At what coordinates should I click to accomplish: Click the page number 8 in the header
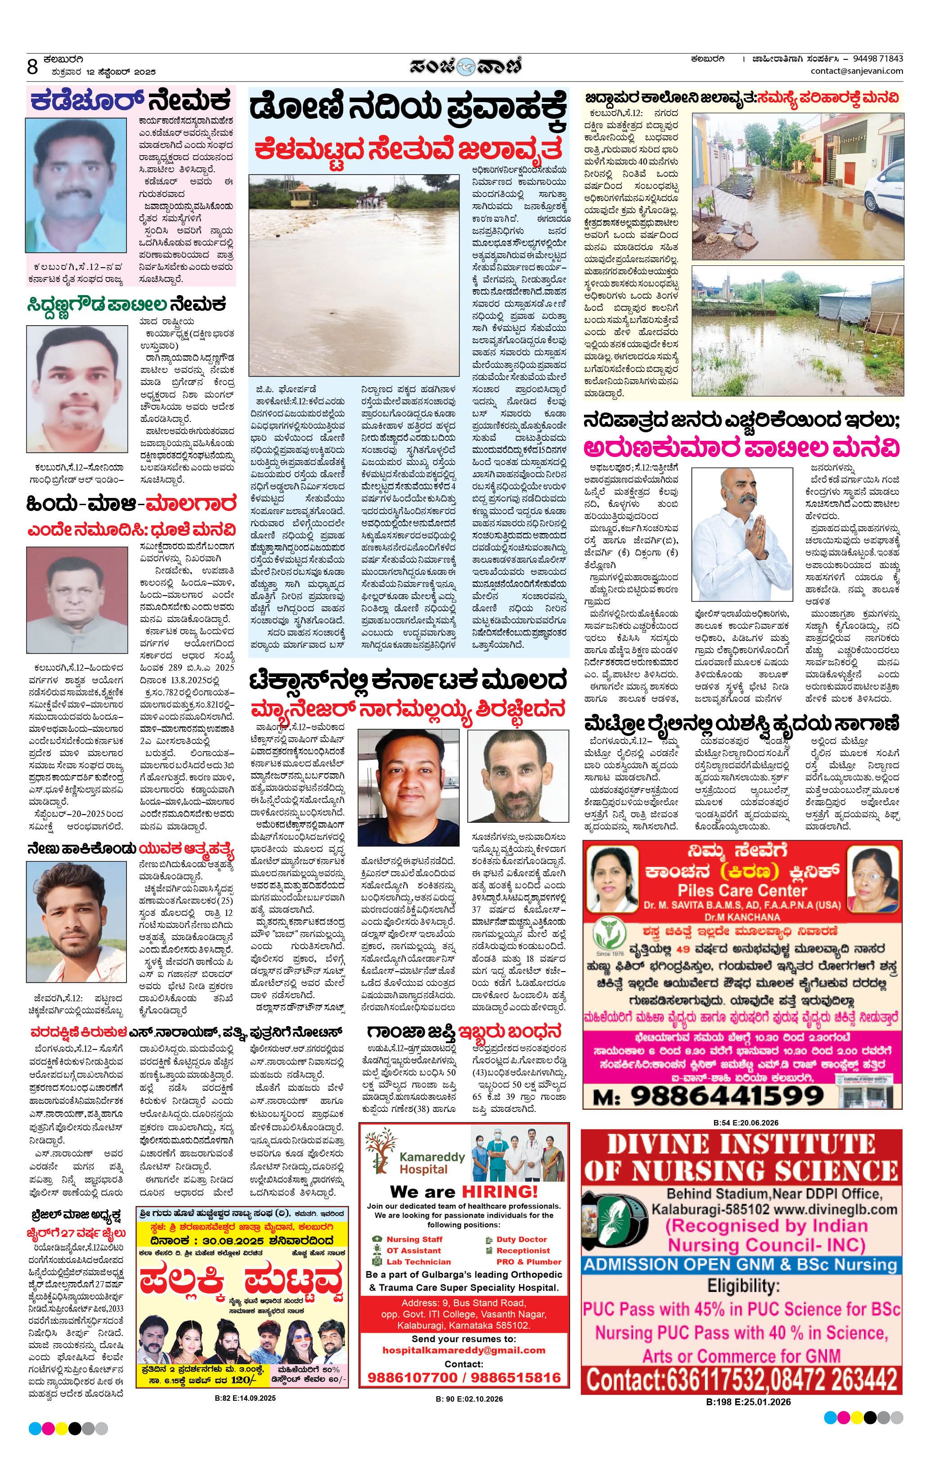pos(33,66)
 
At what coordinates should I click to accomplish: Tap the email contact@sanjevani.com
pos(857,71)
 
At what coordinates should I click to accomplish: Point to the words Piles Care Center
pos(742,890)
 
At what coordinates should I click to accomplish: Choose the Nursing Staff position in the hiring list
pos(414,1240)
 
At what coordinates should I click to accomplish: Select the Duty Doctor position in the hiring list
pos(521,1240)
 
